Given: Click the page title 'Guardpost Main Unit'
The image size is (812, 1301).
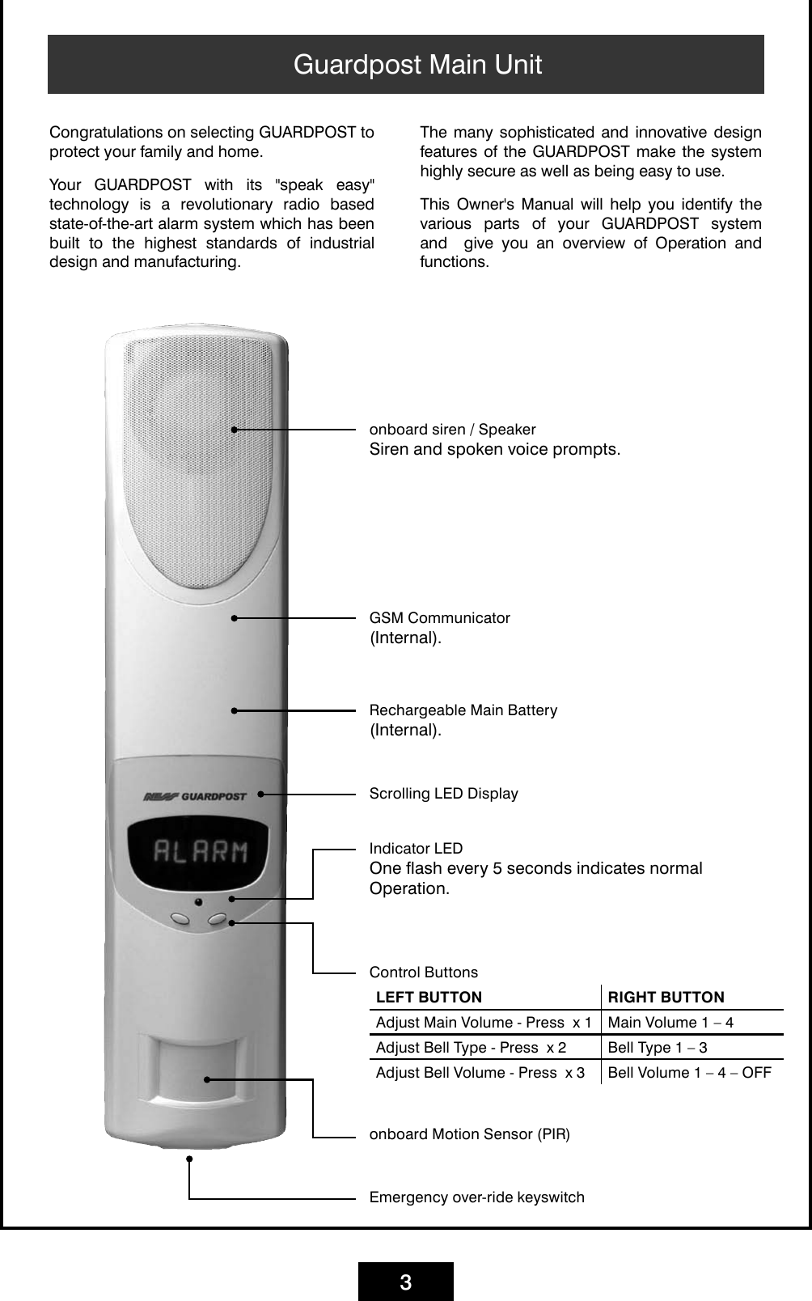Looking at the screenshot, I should (x=417, y=65).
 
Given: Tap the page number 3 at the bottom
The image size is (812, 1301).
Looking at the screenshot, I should (x=406, y=1282).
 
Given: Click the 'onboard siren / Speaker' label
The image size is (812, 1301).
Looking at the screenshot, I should (x=452, y=430).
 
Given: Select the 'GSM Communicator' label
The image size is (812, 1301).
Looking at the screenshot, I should (x=439, y=618).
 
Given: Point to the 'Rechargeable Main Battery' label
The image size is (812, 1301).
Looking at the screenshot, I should (x=463, y=710).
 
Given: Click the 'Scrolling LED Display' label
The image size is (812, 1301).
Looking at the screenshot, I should (x=443, y=794).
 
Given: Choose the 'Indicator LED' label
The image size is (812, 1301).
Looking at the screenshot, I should (x=416, y=849).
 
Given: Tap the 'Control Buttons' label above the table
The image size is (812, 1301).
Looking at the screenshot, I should (x=423, y=973).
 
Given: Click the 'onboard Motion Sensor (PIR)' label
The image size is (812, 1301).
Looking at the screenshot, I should (x=469, y=1134).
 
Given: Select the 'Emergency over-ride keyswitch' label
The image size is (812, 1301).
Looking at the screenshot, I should (x=476, y=1197).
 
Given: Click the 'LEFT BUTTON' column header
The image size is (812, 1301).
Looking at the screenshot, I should (x=429, y=998).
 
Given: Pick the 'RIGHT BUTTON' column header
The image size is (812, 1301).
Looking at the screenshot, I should (x=666, y=998).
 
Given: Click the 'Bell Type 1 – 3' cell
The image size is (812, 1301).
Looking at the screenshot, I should (x=657, y=1048).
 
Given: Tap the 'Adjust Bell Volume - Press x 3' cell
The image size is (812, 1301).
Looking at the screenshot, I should (x=480, y=1073).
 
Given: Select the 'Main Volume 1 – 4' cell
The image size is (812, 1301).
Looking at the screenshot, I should (x=670, y=1023).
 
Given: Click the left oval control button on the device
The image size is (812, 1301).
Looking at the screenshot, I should (x=180, y=919).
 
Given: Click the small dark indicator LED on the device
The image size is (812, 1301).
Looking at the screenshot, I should (x=198, y=901).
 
